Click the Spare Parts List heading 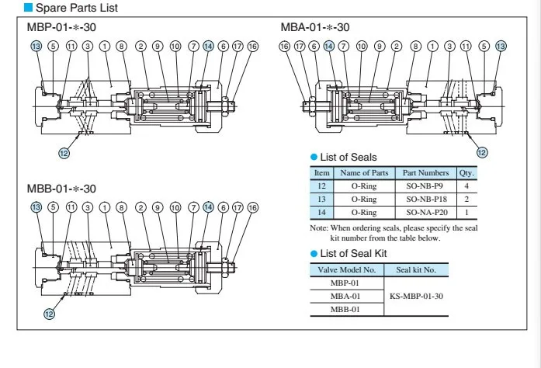(x=77, y=8)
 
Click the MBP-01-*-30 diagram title (x=61, y=27)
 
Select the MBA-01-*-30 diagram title (x=315, y=27)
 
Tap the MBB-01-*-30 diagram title (x=61, y=189)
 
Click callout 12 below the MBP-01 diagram (x=64, y=153)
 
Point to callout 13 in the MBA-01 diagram (x=501, y=46)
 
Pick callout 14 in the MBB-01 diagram (x=208, y=207)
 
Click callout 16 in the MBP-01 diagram (x=253, y=46)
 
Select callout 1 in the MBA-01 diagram (x=432, y=46)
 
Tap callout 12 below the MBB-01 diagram (x=50, y=314)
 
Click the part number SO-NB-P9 (x=425, y=186)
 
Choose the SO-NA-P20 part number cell (x=427, y=212)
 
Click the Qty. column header (x=466, y=173)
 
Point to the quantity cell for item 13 (x=466, y=200)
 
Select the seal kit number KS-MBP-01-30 (x=417, y=297)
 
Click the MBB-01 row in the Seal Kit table (x=345, y=309)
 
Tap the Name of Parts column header (x=364, y=172)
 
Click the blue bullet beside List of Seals (x=314, y=158)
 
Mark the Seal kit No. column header (x=416, y=269)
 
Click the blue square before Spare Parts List (x=28, y=7)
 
